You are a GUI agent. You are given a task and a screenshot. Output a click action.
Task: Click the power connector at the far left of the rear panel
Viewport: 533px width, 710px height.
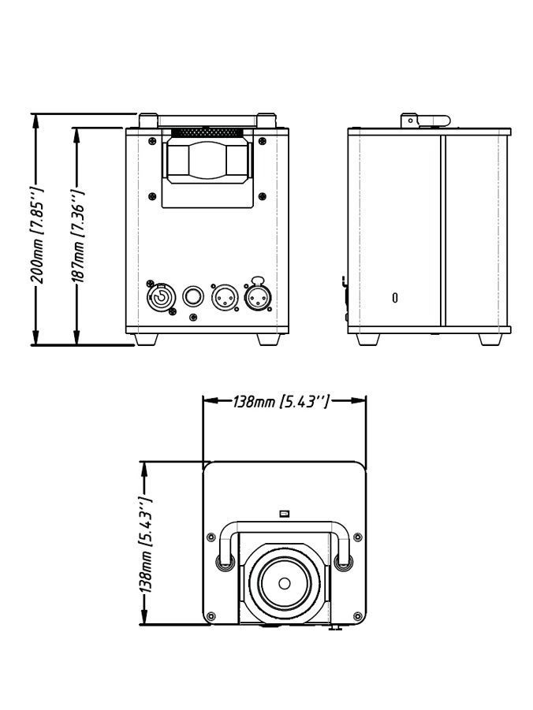point(160,298)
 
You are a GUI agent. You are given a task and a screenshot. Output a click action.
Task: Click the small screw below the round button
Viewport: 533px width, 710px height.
point(193,318)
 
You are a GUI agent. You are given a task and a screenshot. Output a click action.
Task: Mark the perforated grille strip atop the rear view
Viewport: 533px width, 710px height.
point(207,132)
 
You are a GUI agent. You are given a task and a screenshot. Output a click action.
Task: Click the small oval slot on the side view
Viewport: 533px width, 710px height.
point(395,298)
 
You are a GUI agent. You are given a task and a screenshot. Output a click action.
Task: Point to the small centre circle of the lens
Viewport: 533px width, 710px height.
point(284,584)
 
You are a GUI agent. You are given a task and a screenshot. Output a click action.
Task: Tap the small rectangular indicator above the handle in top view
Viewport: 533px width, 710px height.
point(285,513)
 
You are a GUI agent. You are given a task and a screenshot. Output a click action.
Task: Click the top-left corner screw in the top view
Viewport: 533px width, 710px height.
point(211,537)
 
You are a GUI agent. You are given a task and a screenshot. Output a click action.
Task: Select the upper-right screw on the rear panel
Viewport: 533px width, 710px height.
point(263,141)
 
